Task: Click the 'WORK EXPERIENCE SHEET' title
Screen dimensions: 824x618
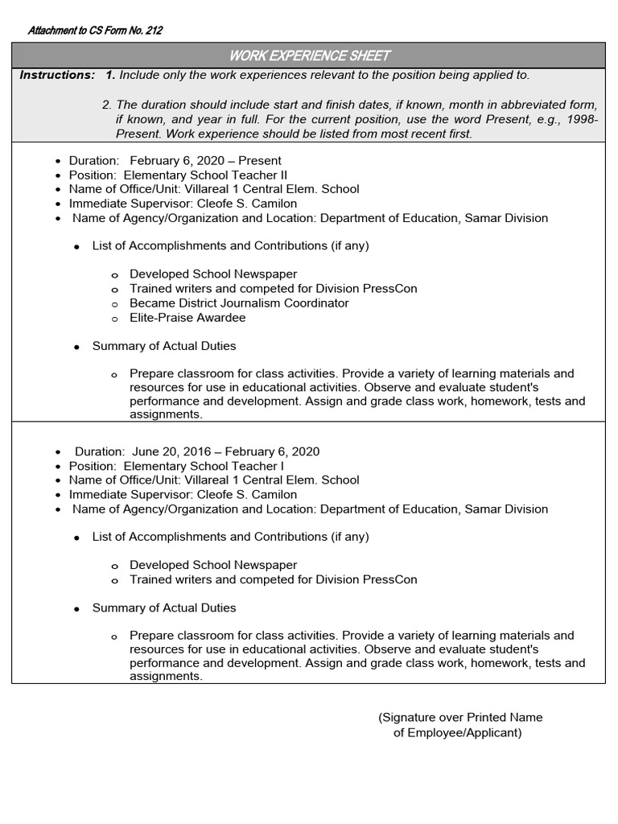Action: point(309,56)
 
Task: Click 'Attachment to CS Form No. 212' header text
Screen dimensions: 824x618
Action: point(95,31)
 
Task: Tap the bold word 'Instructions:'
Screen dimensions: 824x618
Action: point(57,75)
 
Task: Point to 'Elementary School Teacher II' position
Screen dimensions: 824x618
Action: point(205,175)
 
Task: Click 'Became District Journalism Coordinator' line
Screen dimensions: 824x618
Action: point(239,303)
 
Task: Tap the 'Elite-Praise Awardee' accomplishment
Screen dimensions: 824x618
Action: point(187,318)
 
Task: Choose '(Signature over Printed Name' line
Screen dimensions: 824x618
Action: point(460,717)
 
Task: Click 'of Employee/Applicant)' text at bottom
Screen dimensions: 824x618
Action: point(457,733)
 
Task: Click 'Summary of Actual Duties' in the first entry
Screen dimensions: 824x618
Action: point(164,346)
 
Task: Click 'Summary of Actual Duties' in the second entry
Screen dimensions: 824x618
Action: point(164,608)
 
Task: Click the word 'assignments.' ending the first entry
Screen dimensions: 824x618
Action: point(166,414)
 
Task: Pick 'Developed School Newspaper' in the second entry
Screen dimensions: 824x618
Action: point(213,565)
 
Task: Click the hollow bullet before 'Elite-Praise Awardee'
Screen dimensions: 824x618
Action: point(114,319)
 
